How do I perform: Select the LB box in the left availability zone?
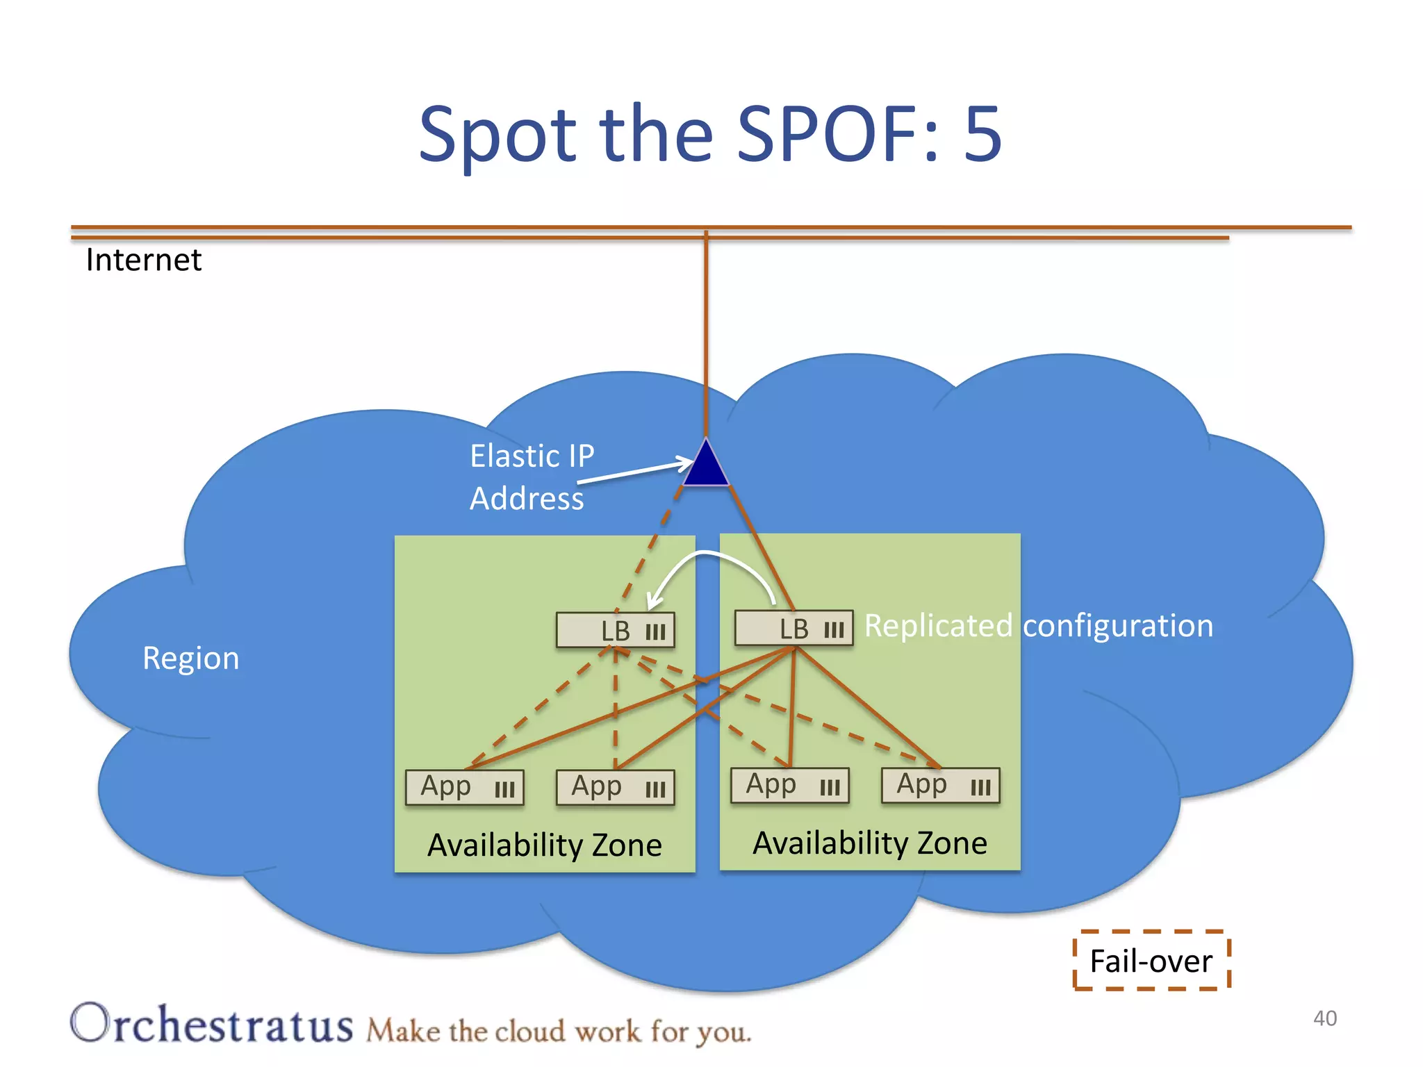pos(616,630)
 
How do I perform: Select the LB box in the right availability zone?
pos(794,628)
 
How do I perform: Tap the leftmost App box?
pos(465,787)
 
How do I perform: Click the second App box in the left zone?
pos(616,787)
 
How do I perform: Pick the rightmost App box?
pos(941,785)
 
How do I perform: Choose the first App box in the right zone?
pos(790,785)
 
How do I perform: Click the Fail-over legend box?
pos(1151,961)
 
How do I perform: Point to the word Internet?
pos(144,260)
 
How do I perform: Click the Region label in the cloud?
pos(191,658)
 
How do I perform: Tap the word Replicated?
pos(939,626)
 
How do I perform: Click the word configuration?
pos(1118,626)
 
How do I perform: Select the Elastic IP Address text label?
pos(532,477)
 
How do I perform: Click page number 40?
pos(1324,1018)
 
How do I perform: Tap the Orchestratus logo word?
pos(212,1024)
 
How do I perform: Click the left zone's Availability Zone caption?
pos(545,845)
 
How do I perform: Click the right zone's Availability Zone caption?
pos(870,843)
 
